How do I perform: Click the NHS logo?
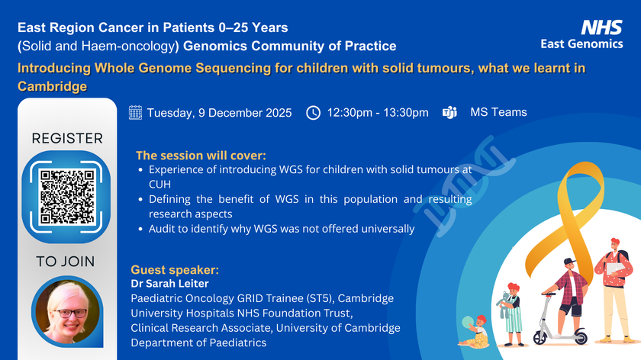(602, 27)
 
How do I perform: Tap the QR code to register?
(67, 197)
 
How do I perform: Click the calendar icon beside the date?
(135, 112)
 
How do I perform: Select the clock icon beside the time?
(313, 113)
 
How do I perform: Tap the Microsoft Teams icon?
(449, 112)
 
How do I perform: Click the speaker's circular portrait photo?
(67, 312)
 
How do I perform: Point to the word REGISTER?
(67, 139)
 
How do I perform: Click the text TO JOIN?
(66, 262)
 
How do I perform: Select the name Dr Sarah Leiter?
(169, 284)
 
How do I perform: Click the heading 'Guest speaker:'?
(175, 270)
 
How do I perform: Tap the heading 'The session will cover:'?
(201, 156)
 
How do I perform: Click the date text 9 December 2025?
(245, 113)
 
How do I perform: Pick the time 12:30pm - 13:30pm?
(378, 112)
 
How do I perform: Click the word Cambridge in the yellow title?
(53, 86)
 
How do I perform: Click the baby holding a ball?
(475, 331)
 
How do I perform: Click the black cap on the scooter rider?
(569, 262)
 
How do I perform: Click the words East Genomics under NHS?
(581, 43)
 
